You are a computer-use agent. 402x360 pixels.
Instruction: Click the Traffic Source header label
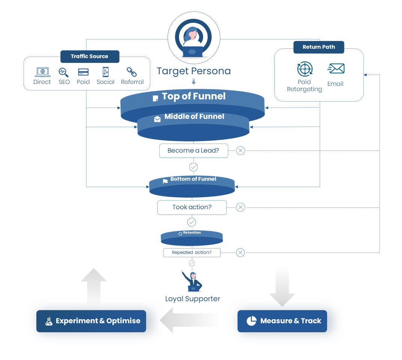(90, 56)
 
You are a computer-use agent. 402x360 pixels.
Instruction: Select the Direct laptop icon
(42, 72)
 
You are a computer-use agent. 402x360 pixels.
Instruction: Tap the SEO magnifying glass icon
(64, 72)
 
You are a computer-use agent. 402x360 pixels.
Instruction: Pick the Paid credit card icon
(83, 72)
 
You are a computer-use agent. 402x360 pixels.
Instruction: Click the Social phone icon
(105, 72)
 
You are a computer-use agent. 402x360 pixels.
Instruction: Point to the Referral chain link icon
(132, 72)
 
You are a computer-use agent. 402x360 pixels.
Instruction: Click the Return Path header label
(319, 47)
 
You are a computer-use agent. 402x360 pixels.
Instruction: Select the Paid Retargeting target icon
(305, 69)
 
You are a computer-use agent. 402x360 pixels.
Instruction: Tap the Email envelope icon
(336, 69)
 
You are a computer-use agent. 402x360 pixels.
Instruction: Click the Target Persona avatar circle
(193, 37)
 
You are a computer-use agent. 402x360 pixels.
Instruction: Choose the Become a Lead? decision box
(193, 150)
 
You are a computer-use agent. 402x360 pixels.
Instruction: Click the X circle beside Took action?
(241, 207)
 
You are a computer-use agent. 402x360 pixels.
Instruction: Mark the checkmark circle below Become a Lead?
(193, 167)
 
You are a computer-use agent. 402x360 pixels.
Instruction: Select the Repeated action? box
(192, 252)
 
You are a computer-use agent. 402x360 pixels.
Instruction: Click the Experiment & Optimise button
(91, 321)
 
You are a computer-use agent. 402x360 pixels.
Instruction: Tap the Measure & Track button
(282, 321)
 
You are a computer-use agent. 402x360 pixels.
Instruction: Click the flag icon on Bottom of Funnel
(165, 181)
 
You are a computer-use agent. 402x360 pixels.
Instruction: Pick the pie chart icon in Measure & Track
(251, 321)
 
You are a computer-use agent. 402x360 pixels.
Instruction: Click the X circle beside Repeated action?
(241, 252)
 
